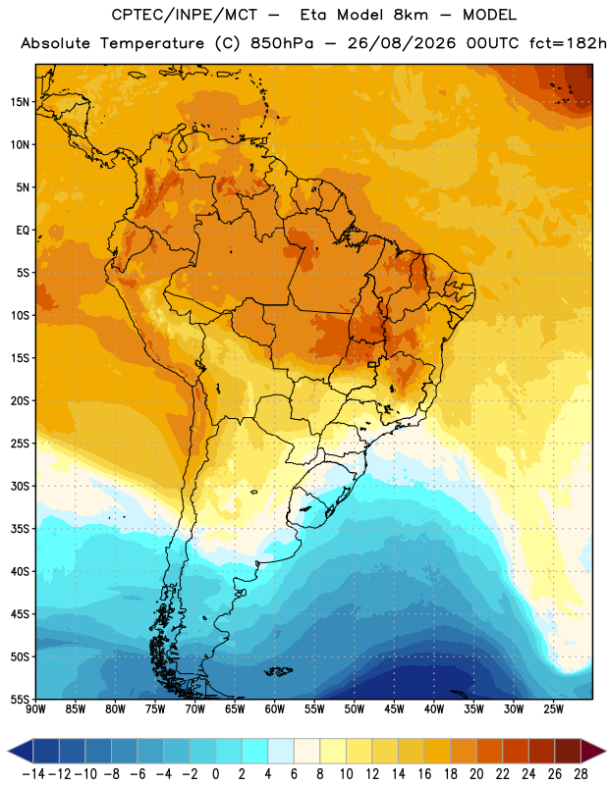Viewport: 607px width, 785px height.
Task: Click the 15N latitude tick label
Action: click(20, 102)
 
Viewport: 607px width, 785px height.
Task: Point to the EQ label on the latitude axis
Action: click(23, 231)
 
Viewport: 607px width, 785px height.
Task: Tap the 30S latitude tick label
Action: click(20, 487)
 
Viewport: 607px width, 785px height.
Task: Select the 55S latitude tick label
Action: click(20, 700)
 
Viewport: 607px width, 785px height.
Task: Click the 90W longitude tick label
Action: click(35, 708)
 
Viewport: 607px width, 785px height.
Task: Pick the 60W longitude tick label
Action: click(275, 708)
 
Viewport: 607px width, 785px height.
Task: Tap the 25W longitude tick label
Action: click(553, 708)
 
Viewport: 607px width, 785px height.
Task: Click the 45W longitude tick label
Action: click(394, 708)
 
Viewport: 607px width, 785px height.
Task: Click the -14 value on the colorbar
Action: click(33, 774)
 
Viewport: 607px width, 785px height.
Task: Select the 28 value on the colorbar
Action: click(580, 774)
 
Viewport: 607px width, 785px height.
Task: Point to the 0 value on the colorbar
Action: click(215, 774)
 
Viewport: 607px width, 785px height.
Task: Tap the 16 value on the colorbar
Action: click(424, 774)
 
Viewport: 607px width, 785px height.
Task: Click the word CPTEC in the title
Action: click(134, 15)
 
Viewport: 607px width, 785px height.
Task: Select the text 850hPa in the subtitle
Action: click(282, 43)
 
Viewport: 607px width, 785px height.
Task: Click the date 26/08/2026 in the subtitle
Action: click(402, 43)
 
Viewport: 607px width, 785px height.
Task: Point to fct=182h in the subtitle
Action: click(568, 43)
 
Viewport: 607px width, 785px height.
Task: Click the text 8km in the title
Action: click(411, 15)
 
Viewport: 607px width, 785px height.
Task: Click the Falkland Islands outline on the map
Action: click(279, 671)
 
